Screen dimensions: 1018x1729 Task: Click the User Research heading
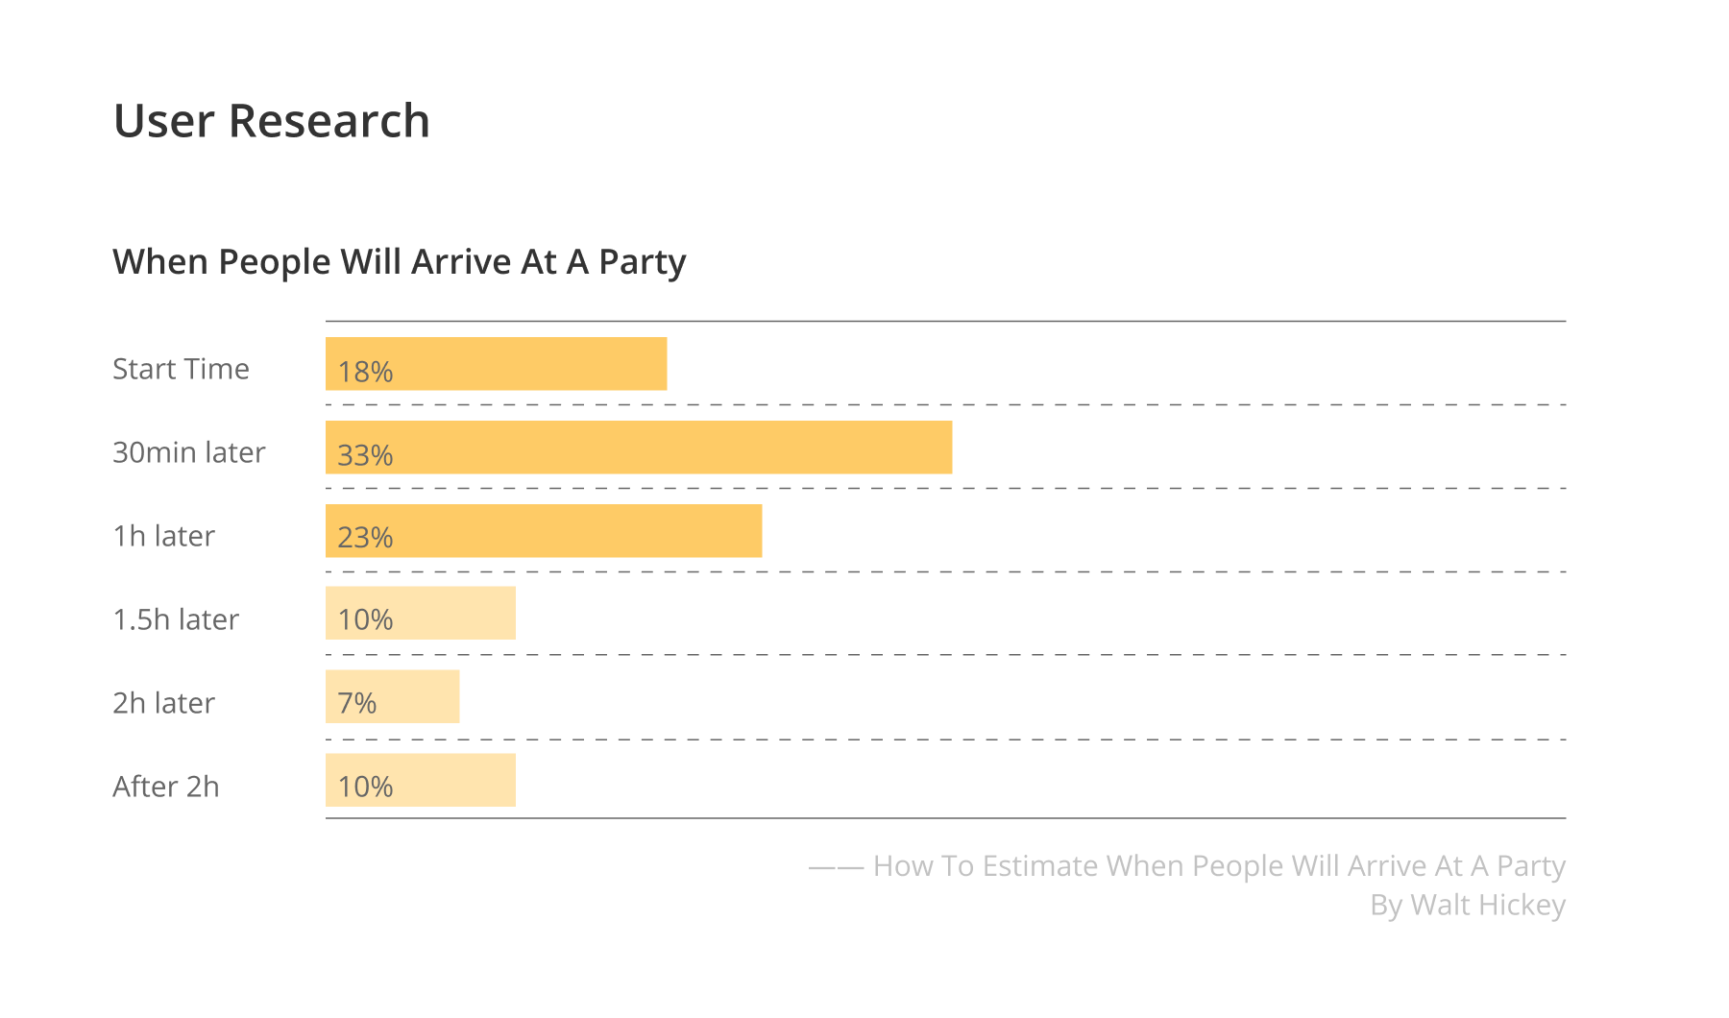coord(272,121)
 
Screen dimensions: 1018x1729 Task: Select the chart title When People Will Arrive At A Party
coord(400,261)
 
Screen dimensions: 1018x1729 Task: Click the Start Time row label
coord(181,369)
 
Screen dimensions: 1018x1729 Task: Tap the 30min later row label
coord(189,452)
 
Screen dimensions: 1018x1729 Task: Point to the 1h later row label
coord(164,536)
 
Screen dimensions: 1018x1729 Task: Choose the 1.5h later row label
coord(176,619)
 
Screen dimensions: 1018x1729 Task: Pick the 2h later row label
coord(164,703)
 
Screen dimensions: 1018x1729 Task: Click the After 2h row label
coord(166,787)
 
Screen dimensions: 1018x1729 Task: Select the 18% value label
coord(365,372)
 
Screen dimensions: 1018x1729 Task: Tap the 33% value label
coord(365,455)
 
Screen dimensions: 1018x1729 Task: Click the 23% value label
coord(365,538)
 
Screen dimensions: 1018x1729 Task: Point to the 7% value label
coord(357,704)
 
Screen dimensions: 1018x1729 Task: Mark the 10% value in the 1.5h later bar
coord(365,620)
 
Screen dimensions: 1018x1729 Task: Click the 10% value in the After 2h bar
coord(365,788)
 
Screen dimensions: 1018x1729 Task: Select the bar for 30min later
coord(672,448)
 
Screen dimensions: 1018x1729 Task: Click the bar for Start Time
coord(528,364)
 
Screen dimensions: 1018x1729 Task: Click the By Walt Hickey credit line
coord(1468,905)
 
